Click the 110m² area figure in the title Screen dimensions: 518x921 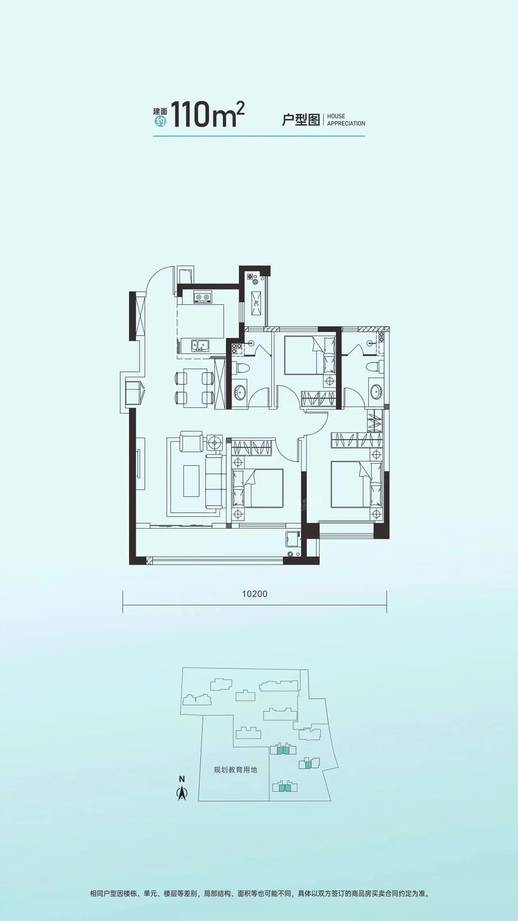pyautogui.click(x=208, y=115)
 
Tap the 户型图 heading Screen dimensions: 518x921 pyautogui.click(x=301, y=120)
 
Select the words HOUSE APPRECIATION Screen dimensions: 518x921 pyautogui.click(x=346, y=120)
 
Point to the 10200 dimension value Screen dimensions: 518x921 pyautogui.click(x=255, y=594)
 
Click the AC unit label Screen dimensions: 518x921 pyautogui.click(x=256, y=303)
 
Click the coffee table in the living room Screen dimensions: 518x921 pyautogui.click(x=191, y=481)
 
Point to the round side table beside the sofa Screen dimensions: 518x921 pyautogui.click(x=214, y=442)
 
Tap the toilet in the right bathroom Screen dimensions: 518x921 pyautogui.click(x=374, y=367)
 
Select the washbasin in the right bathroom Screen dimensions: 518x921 pyautogui.click(x=376, y=391)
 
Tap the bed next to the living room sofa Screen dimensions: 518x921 pyautogui.click(x=257, y=488)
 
